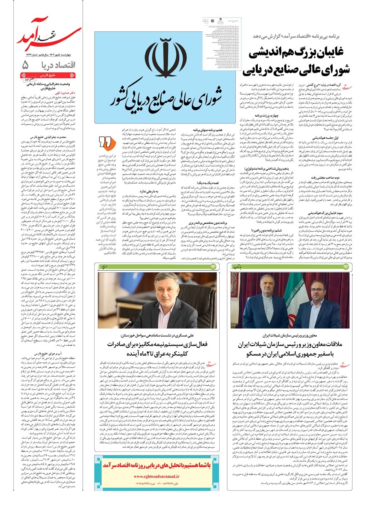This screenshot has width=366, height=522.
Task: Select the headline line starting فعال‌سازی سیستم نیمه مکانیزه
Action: (x=157, y=345)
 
